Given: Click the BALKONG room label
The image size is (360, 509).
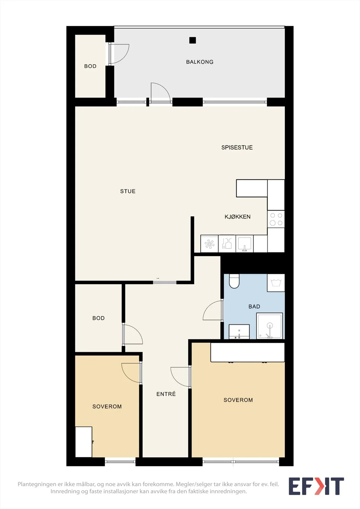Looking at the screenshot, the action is pyautogui.click(x=200, y=62).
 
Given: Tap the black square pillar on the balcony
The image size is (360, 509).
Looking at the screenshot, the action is pyautogui.click(x=193, y=40).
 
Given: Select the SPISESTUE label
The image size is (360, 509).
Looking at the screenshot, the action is pyautogui.click(x=237, y=148).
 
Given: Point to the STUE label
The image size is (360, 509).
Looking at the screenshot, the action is pyautogui.click(x=128, y=191).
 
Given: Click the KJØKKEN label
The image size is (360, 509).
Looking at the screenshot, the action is pyautogui.click(x=237, y=217).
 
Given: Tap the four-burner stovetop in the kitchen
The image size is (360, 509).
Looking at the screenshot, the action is pyautogui.click(x=276, y=219).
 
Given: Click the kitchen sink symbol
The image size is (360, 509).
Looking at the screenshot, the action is pyautogui.click(x=244, y=244).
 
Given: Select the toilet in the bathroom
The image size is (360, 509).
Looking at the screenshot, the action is pyautogui.click(x=234, y=281).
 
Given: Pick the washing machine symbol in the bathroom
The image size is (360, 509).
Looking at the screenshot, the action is pyautogui.click(x=276, y=283).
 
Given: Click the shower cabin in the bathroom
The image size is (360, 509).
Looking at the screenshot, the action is pyautogui.click(x=270, y=326).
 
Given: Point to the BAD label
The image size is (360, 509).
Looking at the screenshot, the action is pyautogui.click(x=254, y=307).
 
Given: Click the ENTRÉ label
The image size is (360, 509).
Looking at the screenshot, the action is pyautogui.click(x=166, y=394).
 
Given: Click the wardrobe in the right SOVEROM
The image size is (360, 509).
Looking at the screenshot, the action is pyautogui.click(x=247, y=352).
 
